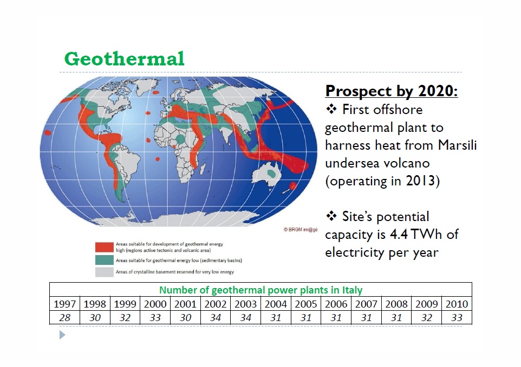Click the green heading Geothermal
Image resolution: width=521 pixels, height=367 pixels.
coord(124,58)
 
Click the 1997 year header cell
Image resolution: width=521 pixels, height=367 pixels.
coord(65,304)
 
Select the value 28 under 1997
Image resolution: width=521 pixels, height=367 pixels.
coord(65,318)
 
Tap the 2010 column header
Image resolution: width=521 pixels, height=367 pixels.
coord(457,304)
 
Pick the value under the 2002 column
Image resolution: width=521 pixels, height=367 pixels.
coord(216,318)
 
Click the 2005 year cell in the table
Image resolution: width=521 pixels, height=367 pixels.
coord(306,304)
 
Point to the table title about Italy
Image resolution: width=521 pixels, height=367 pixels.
coord(260,290)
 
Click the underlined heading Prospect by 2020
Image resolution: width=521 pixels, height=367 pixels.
coord(391,91)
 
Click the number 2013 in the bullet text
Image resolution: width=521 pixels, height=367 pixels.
coord(421,181)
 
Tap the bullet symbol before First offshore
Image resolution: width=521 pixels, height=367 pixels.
coord(331,110)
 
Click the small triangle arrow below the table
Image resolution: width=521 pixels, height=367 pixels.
coord(62,336)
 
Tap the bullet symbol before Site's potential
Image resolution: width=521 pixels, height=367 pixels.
coord(331,217)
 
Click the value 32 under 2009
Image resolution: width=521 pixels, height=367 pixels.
coord(426,318)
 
